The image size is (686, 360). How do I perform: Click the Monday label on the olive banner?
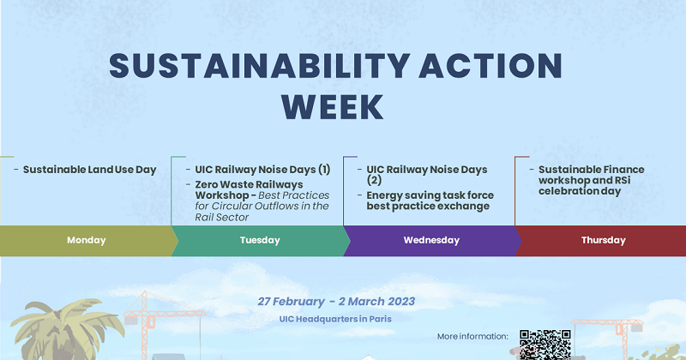(87, 241)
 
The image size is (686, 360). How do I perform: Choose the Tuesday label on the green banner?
(259, 241)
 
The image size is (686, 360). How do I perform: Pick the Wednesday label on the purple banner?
(431, 241)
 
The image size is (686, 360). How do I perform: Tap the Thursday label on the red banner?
(604, 241)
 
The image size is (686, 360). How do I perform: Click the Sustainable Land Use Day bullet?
(89, 170)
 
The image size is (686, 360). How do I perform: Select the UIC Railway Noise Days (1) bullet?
(262, 170)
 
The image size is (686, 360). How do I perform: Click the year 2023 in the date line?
(399, 302)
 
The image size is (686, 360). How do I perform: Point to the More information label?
(472, 336)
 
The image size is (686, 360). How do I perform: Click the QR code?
(545, 345)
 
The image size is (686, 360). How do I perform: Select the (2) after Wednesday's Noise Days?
(375, 181)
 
